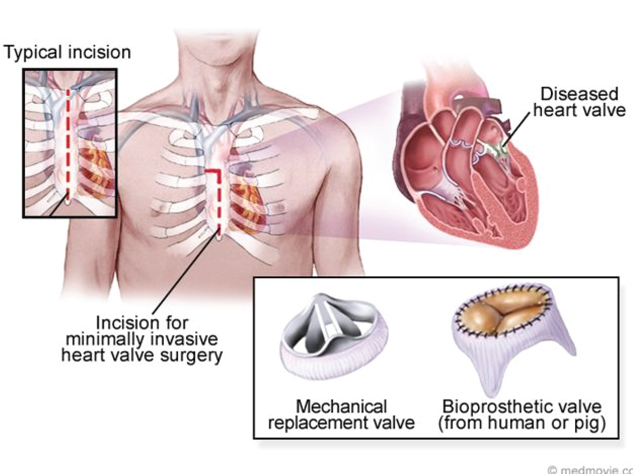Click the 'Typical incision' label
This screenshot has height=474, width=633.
click(x=67, y=53)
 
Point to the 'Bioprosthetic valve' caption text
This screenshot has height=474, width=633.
click(x=522, y=407)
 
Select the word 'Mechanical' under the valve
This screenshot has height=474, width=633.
click(x=342, y=407)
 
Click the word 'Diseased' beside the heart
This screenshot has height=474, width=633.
click(x=579, y=94)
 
